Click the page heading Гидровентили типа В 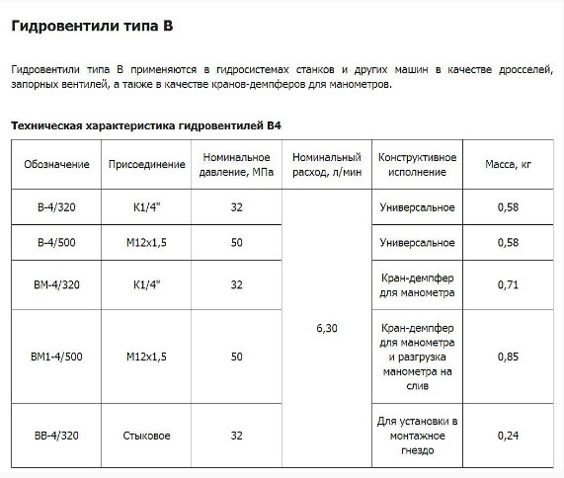tap(92, 27)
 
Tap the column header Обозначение tap(56, 164)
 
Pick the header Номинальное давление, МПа tap(236, 164)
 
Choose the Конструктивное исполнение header tap(417, 164)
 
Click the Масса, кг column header tap(508, 164)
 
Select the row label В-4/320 tap(56, 207)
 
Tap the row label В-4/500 tap(56, 242)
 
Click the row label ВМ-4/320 tap(56, 284)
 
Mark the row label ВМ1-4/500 tap(56, 357)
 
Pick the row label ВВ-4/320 tap(56, 434)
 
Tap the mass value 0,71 tap(508, 284)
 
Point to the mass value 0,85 tap(508, 357)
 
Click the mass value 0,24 tap(508, 434)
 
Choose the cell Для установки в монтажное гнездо tap(417, 434)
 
